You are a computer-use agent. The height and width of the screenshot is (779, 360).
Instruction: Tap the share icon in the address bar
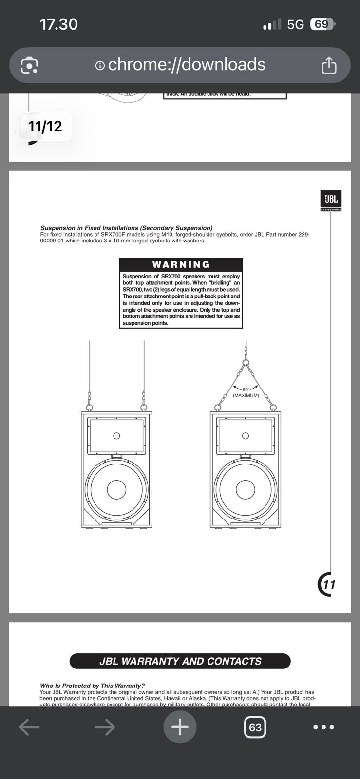(x=329, y=65)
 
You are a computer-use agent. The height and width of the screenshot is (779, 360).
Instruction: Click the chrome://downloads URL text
(x=186, y=64)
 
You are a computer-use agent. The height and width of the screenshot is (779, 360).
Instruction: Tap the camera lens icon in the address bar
(x=29, y=65)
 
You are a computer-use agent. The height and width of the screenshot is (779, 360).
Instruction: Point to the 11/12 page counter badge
(x=45, y=127)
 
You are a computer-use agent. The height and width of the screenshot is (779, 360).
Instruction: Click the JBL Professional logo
(x=331, y=200)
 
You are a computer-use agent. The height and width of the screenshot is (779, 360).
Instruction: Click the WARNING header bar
(x=181, y=264)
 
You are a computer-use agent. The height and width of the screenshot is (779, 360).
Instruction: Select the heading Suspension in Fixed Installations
(x=126, y=228)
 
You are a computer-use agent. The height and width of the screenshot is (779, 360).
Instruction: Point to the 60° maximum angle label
(x=246, y=392)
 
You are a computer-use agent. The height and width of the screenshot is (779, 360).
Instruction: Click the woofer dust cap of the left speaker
(x=116, y=489)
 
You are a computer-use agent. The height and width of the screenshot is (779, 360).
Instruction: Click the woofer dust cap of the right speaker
(x=246, y=489)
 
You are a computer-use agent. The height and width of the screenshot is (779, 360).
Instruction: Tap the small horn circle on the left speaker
(x=116, y=436)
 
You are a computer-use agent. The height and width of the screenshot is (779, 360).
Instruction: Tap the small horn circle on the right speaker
(x=246, y=436)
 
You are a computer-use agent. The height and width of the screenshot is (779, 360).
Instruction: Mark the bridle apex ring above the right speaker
(x=246, y=362)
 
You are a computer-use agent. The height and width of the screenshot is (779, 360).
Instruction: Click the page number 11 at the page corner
(x=329, y=584)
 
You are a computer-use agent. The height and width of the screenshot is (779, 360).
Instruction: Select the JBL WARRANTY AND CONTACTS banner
(x=180, y=661)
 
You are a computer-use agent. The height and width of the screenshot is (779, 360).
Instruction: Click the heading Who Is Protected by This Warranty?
(x=93, y=686)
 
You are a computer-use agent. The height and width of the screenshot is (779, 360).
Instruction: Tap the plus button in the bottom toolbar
(x=180, y=727)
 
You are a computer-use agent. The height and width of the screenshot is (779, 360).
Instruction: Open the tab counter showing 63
(x=255, y=727)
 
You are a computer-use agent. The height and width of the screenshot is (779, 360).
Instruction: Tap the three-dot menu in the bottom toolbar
(x=323, y=727)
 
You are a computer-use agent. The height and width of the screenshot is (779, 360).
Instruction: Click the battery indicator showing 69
(x=322, y=24)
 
